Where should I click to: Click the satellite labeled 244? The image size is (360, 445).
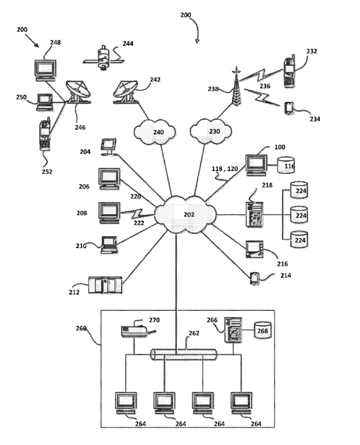(103, 58)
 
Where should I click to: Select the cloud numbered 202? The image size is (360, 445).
(186, 214)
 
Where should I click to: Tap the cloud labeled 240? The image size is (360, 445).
(155, 132)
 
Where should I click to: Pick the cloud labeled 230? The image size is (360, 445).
(210, 131)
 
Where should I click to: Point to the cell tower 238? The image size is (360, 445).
(236, 86)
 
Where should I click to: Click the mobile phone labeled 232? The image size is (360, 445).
(289, 72)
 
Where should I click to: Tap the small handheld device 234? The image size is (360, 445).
(289, 108)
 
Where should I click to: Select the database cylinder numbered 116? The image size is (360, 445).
(286, 165)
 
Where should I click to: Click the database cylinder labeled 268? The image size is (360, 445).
(263, 330)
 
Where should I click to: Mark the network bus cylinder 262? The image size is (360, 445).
(183, 355)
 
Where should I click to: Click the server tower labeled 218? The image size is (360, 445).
(254, 214)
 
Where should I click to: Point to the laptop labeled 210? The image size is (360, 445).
(110, 245)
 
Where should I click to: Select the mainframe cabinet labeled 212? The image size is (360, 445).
(105, 285)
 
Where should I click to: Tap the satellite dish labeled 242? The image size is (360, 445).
(125, 92)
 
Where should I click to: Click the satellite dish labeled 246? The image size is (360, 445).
(78, 92)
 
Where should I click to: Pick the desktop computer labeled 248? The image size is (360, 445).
(45, 70)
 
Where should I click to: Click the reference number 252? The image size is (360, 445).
(47, 171)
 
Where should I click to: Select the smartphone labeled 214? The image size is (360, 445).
(254, 279)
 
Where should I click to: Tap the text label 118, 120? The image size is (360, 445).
(225, 169)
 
